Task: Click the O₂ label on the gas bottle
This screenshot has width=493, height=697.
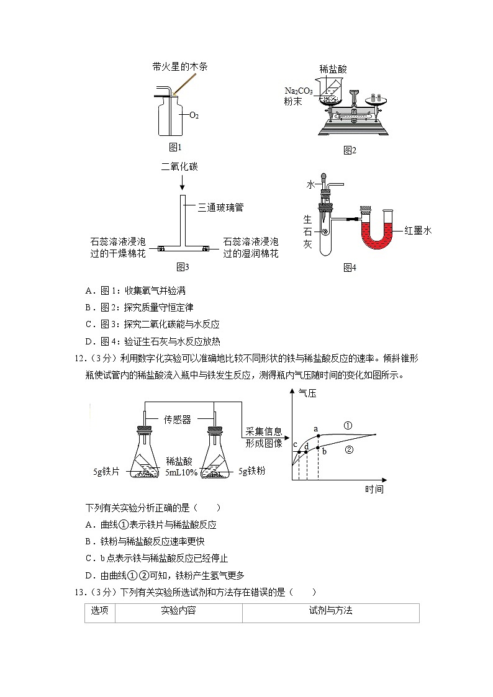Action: [194, 115]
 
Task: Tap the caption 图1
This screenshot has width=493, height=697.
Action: [175, 147]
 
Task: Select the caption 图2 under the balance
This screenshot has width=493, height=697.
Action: [350, 150]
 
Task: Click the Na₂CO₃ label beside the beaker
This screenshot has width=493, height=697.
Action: [299, 91]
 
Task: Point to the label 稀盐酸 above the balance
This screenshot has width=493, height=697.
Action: [333, 69]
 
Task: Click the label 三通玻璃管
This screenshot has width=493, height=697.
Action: [220, 208]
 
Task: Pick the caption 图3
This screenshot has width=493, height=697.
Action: [182, 268]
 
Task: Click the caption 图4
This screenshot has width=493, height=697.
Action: [350, 268]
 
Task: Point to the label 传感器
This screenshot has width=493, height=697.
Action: [178, 420]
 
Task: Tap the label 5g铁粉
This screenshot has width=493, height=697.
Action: [251, 472]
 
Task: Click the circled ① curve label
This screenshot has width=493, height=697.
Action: [348, 426]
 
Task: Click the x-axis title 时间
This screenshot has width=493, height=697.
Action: [374, 490]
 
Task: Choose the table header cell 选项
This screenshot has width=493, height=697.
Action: [99, 611]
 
